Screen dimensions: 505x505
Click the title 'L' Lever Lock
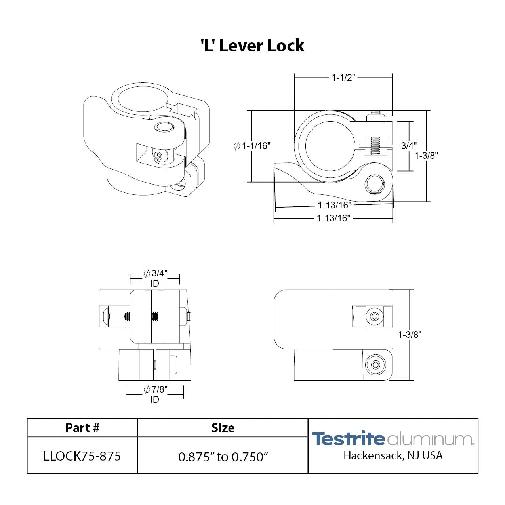click(x=252, y=46)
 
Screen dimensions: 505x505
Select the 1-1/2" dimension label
click(x=343, y=78)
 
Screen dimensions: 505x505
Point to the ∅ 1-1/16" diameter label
click(x=252, y=146)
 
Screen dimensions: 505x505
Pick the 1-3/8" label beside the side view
click(x=410, y=335)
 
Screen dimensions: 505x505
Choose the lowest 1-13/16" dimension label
click(x=333, y=218)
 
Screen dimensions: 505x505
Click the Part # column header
click(x=82, y=428)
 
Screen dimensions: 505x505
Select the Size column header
click(x=223, y=428)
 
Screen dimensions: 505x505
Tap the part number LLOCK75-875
click(x=82, y=456)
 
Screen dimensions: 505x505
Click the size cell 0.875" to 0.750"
click(x=223, y=457)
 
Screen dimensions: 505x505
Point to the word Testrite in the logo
click(x=348, y=439)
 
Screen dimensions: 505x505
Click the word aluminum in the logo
click(x=430, y=439)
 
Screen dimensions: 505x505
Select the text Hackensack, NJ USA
click(x=393, y=455)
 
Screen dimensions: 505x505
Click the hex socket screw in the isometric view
click(x=159, y=157)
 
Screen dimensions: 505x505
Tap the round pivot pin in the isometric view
click(x=164, y=127)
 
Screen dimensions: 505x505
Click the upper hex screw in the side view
click(x=374, y=316)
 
